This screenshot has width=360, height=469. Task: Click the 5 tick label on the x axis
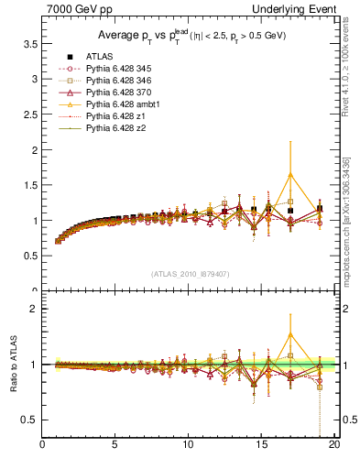(x=115, y=446)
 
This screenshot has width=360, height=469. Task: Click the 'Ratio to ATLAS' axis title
(x=14, y=364)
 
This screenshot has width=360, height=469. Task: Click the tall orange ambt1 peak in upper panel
(x=290, y=174)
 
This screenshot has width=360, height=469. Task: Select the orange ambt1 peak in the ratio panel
(x=290, y=334)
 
